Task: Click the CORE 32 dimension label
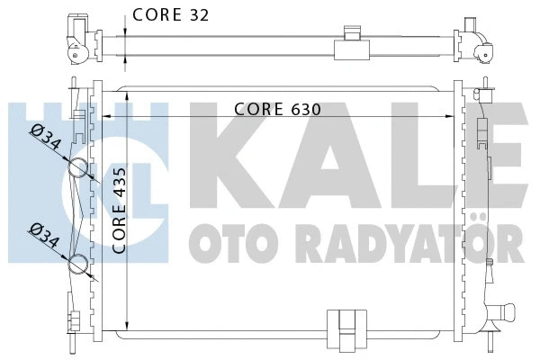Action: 172,14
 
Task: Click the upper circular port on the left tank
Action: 78,168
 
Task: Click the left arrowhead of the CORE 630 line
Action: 105,116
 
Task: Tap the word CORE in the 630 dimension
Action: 258,108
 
